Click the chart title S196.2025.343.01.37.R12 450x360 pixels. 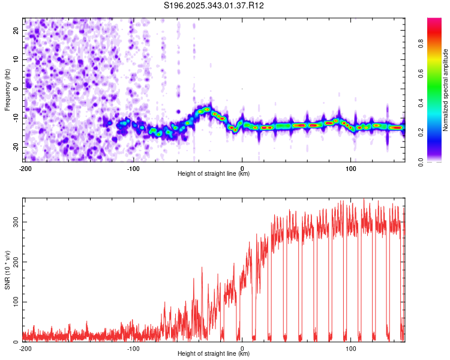click(x=214, y=5)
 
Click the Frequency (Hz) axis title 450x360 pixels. click(x=7, y=90)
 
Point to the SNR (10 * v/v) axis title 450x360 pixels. click(x=7, y=270)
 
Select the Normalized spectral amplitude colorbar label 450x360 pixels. click(x=445, y=90)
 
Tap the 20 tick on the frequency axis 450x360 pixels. click(x=16, y=30)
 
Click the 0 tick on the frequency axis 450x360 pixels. click(x=16, y=89)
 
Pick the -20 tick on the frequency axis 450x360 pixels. click(x=16, y=147)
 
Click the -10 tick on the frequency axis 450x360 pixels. click(x=16, y=118)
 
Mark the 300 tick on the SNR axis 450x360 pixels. click(x=16, y=222)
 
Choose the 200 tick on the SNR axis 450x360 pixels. click(x=16, y=262)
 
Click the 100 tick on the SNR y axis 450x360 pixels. click(x=16, y=302)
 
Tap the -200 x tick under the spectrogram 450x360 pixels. click(x=25, y=169)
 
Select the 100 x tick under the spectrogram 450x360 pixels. click(x=350, y=169)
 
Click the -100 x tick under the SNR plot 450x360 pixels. click(x=133, y=349)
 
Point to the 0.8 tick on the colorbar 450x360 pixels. click(x=421, y=44)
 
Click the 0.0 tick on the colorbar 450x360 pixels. click(x=421, y=162)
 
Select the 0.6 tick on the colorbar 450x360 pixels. click(x=421, y=73)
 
